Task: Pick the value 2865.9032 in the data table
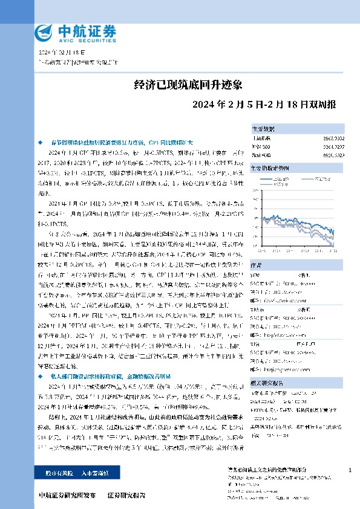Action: [x=342, y=138]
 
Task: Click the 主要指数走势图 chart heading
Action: [x=269, y=167]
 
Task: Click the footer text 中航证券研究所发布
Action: [x=67, y=496]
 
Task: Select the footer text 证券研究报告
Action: [x=126, y=496]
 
